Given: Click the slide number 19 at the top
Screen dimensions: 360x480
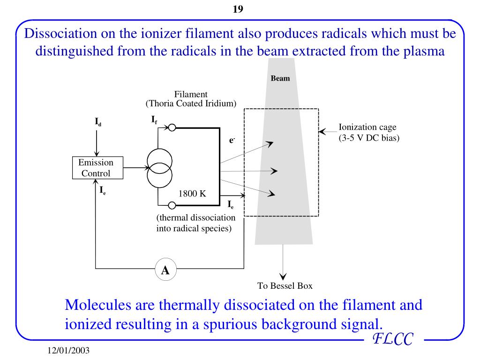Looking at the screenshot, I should click(x=238, y=9).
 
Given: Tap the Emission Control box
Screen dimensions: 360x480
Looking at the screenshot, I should click(x=96, y=168).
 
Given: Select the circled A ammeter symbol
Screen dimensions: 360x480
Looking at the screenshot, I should click(x=165, y=270).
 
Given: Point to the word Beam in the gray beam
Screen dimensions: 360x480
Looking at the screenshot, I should click(x=280, y=78).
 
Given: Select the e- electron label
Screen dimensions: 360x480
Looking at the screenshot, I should click(x=232, y=139).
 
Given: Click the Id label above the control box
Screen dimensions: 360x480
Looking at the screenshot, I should click(x=98, y=123).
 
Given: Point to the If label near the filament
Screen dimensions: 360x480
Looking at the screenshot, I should click(x=154, y=120).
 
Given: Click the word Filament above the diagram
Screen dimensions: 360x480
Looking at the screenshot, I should click(x=191, y=95).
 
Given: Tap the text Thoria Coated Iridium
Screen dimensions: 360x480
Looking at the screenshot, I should click(x=190, y=103).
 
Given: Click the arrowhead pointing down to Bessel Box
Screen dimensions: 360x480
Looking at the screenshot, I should click(x=283, y=276).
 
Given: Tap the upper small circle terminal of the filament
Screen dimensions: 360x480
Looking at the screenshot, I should click(x=172, y=127).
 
